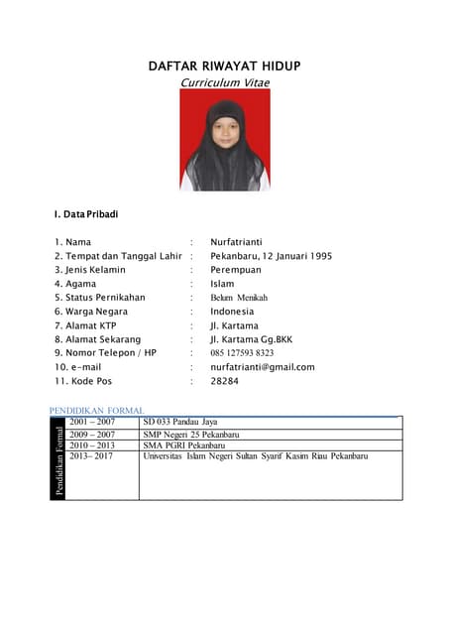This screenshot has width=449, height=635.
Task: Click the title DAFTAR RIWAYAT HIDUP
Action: point(224,65)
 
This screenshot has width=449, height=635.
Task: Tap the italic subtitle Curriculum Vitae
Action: point(224,82)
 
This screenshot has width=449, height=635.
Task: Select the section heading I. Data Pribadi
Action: point(88,213)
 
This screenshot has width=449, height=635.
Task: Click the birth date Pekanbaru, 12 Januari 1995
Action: point(271,255)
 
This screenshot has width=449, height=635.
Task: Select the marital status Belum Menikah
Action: point(239,297)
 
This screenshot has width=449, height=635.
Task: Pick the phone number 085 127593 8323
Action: point(242,352)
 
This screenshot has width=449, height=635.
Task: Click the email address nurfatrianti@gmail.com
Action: point(262,366)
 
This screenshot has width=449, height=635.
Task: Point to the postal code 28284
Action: point(224,380)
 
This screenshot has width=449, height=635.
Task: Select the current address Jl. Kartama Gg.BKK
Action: point(252,338)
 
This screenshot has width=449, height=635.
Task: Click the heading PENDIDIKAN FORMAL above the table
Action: point(96,410)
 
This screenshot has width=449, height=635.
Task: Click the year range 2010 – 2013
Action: point(92,445)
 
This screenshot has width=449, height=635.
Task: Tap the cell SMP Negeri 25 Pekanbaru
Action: point(191,435)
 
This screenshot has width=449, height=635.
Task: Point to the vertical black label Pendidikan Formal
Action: point(59,458)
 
